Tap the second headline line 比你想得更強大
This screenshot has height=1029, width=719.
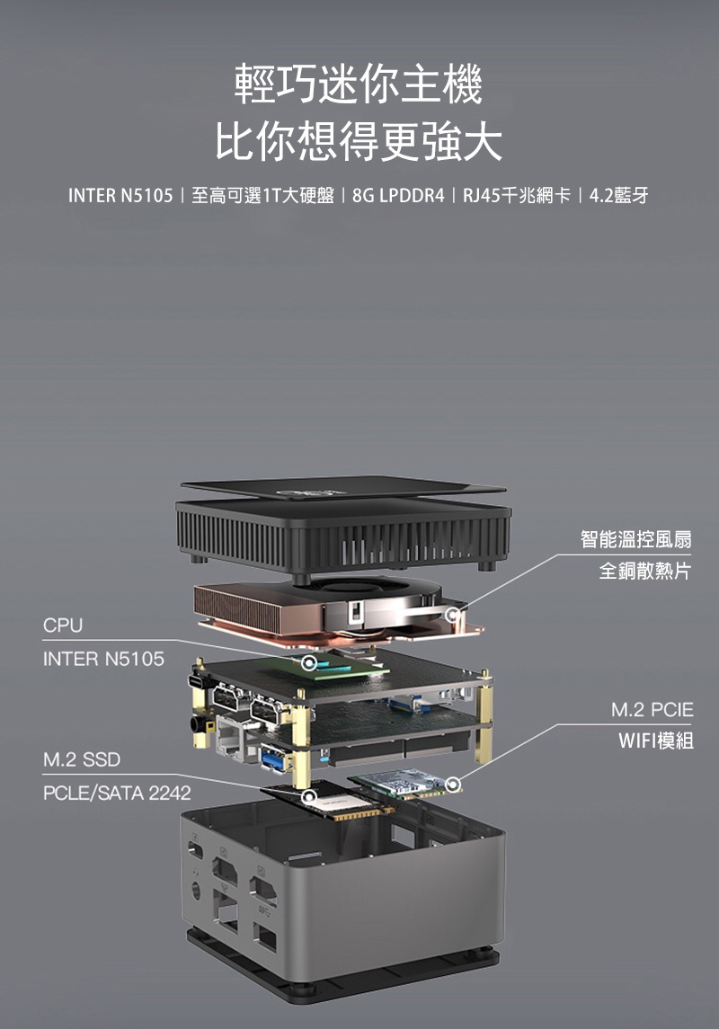pos(359,142)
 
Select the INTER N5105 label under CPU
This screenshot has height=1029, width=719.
pos(103,660)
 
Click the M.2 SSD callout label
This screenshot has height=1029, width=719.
pos(81,760)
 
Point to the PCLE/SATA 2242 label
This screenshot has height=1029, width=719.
pos(116,794)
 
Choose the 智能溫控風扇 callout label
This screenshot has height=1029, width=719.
pos(636,539)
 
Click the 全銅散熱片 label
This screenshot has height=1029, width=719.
pos(645,572)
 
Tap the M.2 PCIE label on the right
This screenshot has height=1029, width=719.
pos(652,710)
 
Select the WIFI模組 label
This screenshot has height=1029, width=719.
pos(655,741)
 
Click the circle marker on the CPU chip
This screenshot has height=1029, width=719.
pos(309,663)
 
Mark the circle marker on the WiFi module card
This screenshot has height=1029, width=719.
pos(452,784)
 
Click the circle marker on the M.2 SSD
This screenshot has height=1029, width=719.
pos(309,796)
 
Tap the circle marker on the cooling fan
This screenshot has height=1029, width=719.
pos(452,613)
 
